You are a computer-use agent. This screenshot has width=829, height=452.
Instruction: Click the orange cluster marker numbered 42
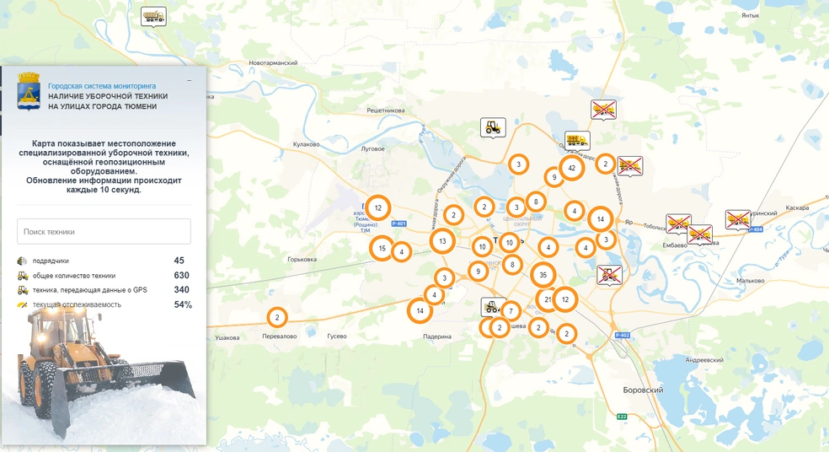571,168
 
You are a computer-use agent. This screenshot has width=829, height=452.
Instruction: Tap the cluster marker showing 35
543,275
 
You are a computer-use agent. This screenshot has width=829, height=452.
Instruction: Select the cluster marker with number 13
442,241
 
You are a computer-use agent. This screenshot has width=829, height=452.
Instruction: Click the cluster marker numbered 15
382,248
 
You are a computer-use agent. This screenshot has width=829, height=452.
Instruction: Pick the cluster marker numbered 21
548,299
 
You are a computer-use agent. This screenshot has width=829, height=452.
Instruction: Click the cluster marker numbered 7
510,311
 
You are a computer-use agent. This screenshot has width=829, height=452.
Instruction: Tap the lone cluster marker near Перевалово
276,317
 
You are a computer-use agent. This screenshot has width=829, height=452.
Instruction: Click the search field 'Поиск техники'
104,231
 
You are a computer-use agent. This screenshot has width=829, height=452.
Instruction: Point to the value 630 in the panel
181,275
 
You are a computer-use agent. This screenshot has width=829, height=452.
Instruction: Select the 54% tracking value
183,304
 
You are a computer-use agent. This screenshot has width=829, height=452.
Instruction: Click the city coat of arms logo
29,91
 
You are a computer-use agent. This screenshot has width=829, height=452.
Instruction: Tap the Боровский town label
643,390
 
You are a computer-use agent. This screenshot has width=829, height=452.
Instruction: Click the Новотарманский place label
274,63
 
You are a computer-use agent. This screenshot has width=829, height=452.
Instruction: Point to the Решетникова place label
386,110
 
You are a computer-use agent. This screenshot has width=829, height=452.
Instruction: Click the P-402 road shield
622,336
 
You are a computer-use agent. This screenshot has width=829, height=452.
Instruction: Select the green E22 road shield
621,417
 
